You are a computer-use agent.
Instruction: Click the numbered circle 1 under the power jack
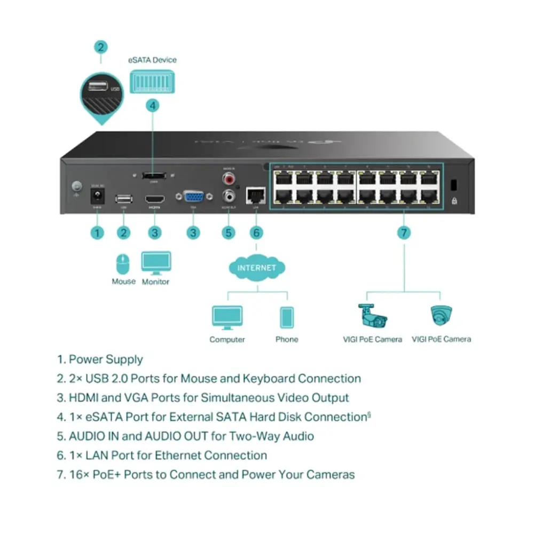[97, 232]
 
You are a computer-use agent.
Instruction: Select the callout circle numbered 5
[228, 232]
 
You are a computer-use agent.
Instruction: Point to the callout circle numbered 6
[256, 232]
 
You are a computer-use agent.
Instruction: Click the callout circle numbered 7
[404, 232]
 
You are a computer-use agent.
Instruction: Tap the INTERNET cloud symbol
[256, 268]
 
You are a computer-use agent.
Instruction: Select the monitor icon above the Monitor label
[156, 263]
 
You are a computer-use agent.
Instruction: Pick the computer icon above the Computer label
[227, 317]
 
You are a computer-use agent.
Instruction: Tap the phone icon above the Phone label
[287, 317]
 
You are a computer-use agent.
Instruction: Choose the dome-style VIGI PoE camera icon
[441, 315]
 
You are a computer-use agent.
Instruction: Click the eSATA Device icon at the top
[152, 82]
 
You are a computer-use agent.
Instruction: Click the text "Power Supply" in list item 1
[106, 359]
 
